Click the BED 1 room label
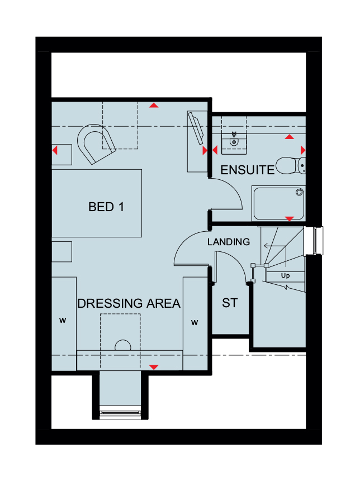106,207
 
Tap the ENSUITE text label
248,170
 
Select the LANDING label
229,242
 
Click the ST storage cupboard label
230,303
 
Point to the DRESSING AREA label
129,303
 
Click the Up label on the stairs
285,275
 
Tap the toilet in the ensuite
291,166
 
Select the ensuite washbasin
234,142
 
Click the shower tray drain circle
299,193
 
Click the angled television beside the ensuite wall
196,128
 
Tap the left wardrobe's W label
63,320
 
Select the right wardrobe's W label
195,322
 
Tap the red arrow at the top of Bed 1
154,106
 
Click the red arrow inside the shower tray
289,218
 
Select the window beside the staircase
314,241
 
